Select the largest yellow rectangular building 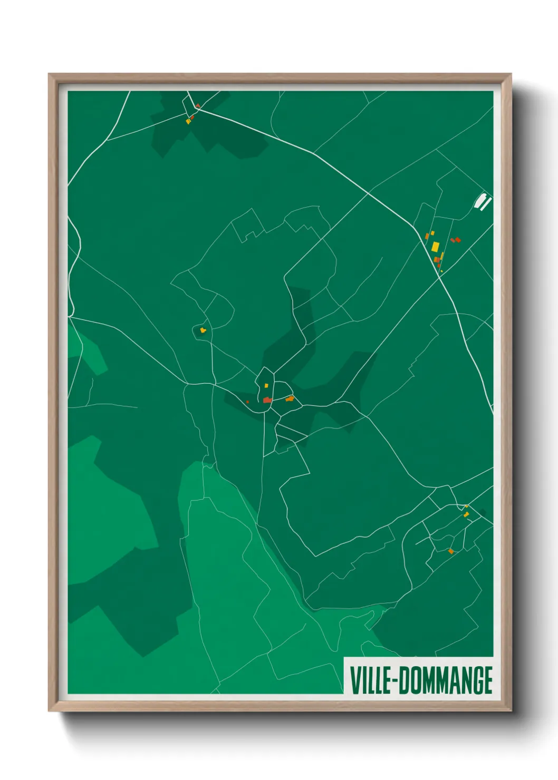coord(435,246)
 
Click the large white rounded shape coord(480,201)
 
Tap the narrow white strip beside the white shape coord(487,204)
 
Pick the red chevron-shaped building coord(197,106)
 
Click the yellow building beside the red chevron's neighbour coord(188,122)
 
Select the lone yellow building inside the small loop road coord(203,330)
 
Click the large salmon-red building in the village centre coord(267,400)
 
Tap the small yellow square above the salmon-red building coord(266,386)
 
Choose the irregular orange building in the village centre coord(290,398)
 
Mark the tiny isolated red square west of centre coord(247,402)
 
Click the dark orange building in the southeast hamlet coord(450,551)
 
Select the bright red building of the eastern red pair coord(458,240)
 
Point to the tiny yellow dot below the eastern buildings coord(441,271)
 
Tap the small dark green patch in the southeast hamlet coord(482,512)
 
